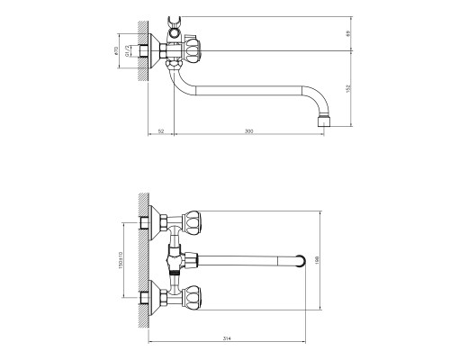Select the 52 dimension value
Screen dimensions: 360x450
coord(160,132)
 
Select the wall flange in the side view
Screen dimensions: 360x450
coord(165,51)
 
